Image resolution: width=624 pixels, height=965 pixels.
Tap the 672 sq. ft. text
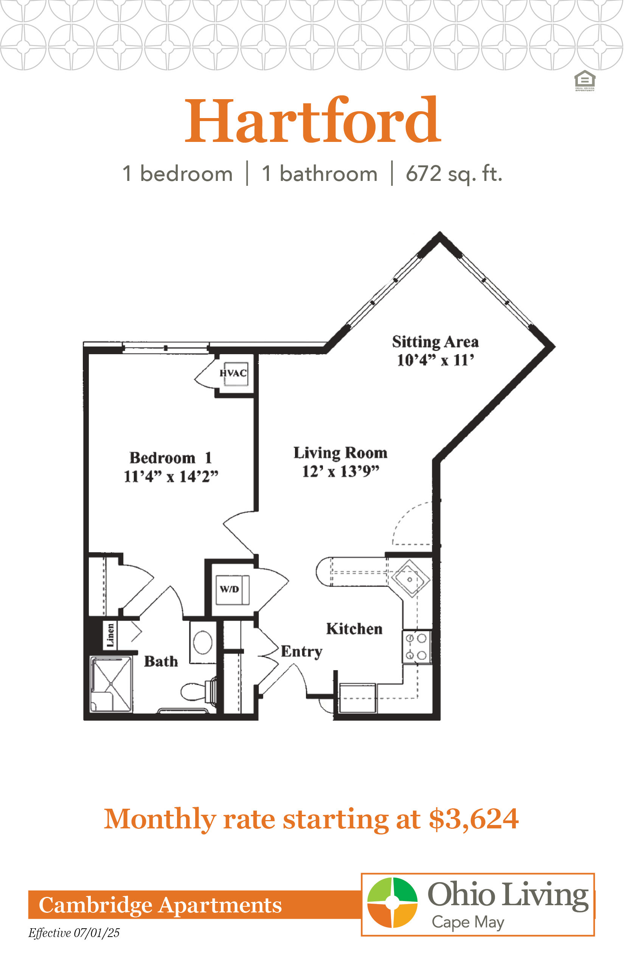454,174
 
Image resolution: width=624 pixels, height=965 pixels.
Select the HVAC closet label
233,373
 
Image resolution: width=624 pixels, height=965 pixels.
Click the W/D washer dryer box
232,590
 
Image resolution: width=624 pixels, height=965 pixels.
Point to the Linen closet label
110,635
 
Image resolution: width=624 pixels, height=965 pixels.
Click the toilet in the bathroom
198,691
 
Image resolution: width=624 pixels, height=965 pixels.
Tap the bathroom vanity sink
203,643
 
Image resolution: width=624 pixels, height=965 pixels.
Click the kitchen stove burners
416,647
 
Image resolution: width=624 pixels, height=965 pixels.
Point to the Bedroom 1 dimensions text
171,476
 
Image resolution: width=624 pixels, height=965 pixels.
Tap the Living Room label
340,453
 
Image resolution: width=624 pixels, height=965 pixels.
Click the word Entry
302,652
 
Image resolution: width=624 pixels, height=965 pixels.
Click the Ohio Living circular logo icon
392,902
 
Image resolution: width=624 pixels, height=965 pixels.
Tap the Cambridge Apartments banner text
160,905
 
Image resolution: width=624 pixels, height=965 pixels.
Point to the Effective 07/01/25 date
74,933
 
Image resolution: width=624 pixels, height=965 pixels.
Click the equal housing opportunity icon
585,81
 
